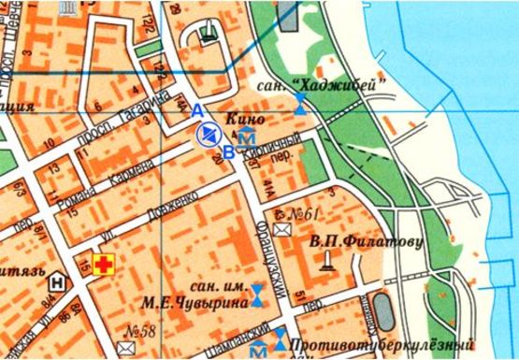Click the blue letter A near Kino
[197, 110]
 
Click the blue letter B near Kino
[227, 152]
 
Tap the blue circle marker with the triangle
[207, 136]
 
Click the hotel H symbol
[58, 280]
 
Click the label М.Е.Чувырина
[205, 302]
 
